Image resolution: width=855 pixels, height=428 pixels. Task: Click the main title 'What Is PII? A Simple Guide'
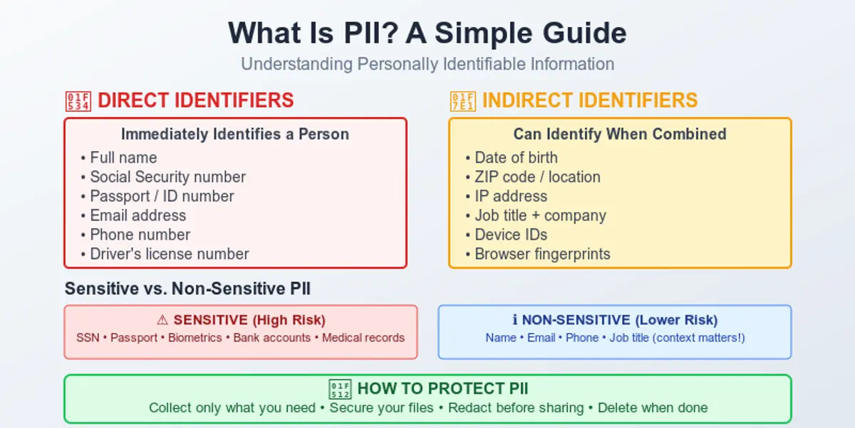pyautogui.click(x=427, y=34)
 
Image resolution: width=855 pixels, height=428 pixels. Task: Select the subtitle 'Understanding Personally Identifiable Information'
pyautogui.click(x=427, y=64)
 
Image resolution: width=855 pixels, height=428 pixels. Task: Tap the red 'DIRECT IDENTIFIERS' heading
pyautogui.click(x=195, y=101)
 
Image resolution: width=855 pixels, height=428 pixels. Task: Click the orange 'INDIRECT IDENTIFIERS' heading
pyautogui.click(x=589, y=101)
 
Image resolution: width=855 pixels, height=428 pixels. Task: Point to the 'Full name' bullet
pyautogui.click(x=123, y=158)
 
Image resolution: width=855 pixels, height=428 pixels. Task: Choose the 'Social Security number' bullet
pyautogui.click(x=167, y=177)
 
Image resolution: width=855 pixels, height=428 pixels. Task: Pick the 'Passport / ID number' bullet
pyautogui.click(x=162, y=196)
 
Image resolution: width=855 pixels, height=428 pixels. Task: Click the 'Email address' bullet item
pyautogui.click(x=138, y=215)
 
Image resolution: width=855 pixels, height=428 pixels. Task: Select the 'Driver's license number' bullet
pyautogui.click(x=169, y=254)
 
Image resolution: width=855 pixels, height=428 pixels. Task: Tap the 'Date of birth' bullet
pyautogui.click(x=516, y=158)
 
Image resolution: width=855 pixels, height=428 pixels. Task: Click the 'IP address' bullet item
pyautogui.click(x=511, y=196)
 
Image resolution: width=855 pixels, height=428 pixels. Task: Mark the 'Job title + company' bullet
pyautogui.click(x=540, y=215)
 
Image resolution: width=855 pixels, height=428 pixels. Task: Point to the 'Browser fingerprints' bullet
pyautogui.click(x=542, y=254)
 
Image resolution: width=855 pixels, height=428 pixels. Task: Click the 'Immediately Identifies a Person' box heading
pyautogui.click(x=235, y=134)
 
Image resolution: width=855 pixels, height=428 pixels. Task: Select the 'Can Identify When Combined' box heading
pyautogui.click(x=620, y=134)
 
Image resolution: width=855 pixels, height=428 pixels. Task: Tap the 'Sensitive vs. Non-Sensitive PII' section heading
pyautogui.click(x=187, y=289)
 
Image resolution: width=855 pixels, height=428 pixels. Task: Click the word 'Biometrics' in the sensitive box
pyautogui.click(x=195, y=337)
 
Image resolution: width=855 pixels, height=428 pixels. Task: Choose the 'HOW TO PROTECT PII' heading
pyautogui.click(x=442, y=389)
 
